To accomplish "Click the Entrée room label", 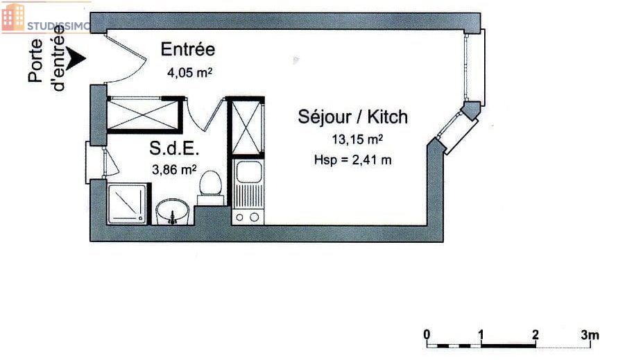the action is pyautogui.click(x=187, y=49).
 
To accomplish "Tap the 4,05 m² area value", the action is pyautogui.click(x=189, y=73).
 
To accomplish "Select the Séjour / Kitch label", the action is pyautogui.click(x=353, y=117).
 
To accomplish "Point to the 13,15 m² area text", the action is pyautogui.click(x=357, y=139).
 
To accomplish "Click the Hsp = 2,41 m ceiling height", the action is pyautogui.click(x=352, y=160).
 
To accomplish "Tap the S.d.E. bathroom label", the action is pyautogui.click(x=174, y=148).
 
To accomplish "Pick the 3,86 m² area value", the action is pyautogui.click(x=174, y=169).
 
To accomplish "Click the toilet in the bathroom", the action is pyautogui.click(x=210, y=188).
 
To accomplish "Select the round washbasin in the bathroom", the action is pyautogui.click(x=173, y=211).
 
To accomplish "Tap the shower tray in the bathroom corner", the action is pyautogui.click(x=126, y=204).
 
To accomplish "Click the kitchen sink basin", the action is pyautogui.click(x=248, y=171).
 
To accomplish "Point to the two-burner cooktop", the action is pyautogui.click(x=248, y=217).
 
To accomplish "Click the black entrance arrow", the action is pyautogui.click(x=76, y=58).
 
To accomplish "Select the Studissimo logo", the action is pyautogui.click(x=45, y=18).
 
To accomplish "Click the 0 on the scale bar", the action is pyautogui.click(x=427, y=335).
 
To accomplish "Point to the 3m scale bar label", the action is pyautogui.click(x=590, y=335).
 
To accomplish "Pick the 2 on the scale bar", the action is pyautogui.click(x=536, y=335).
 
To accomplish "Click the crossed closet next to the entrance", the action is pyautogui.click(x=143, y=115).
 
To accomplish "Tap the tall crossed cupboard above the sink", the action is pyautogui.click(x=246, y=127).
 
